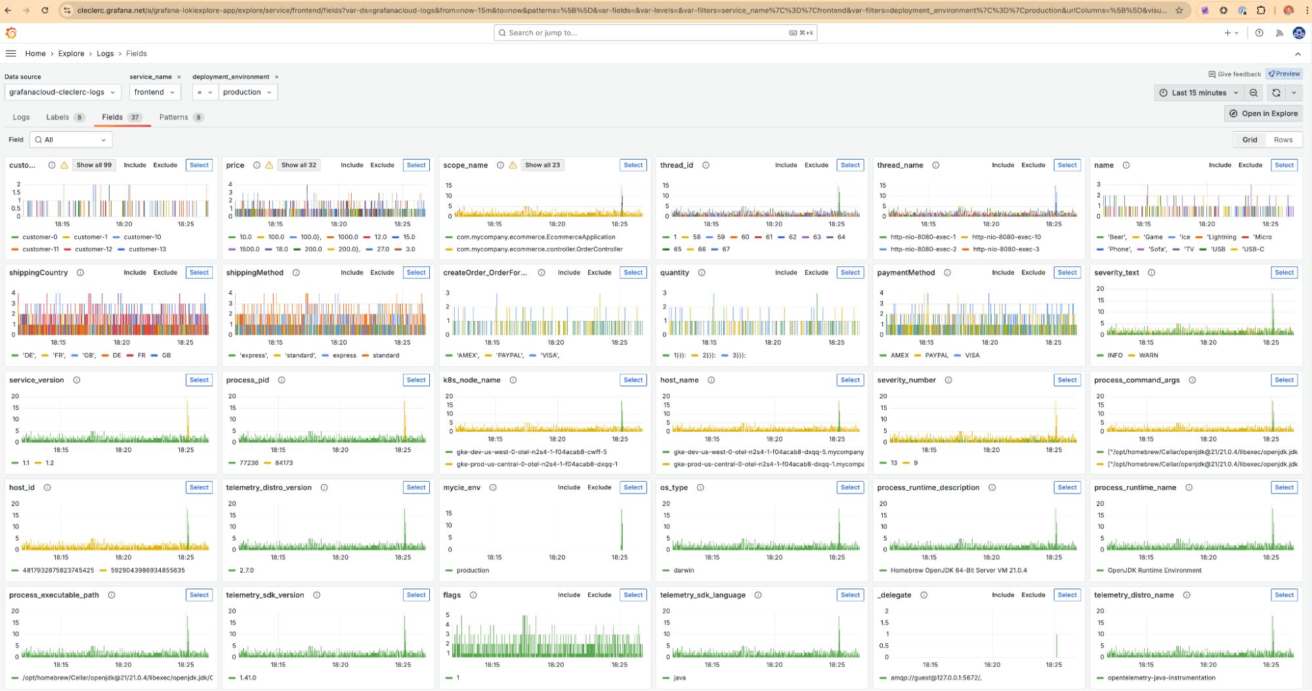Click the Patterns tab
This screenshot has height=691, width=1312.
click(174, 117)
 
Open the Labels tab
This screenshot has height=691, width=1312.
click(58, 117)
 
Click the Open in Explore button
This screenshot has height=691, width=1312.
click(1263, 114)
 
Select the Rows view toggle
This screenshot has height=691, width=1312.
click(1282, 140)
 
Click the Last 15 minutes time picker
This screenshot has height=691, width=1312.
click(1198, 93)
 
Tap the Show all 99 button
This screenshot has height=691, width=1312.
click(94, 165)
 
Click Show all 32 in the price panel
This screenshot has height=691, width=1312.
click(299, 165)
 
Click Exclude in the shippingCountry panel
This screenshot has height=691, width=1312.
click(165, 273)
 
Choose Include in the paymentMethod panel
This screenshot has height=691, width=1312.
click(1002, 273)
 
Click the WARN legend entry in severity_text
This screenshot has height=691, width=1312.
click(1148, 356)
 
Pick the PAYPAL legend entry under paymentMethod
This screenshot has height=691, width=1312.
click(936, 356)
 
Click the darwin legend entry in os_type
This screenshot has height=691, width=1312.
click(683, 571)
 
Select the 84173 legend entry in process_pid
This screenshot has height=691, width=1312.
click(284, 463)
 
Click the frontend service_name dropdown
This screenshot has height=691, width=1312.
click(154, 93)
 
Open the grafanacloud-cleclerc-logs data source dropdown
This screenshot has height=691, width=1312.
click(62, 93)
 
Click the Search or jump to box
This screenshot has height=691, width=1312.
click(655, 33)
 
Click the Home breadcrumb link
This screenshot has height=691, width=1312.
click(35, 54)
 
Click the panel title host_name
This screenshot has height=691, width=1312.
click(679, 381)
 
